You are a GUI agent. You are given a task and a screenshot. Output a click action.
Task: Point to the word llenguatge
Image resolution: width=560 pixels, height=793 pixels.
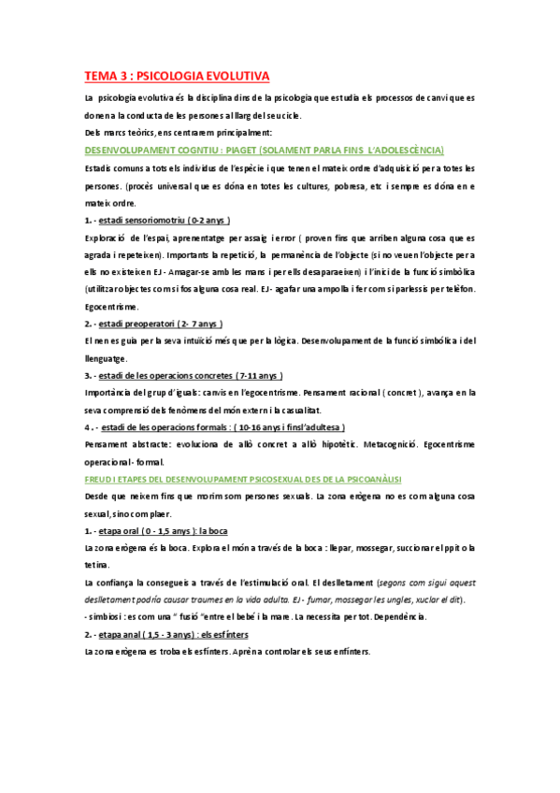[106, 357]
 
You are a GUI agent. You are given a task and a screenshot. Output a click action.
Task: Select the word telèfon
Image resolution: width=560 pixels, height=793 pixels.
[456, 288]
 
